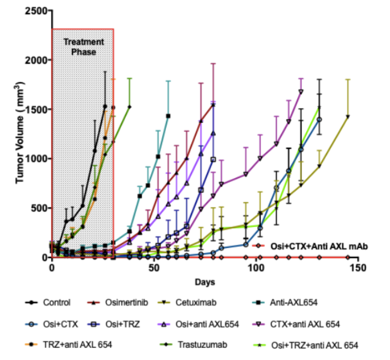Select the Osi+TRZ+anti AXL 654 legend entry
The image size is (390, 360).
tap(316, 345)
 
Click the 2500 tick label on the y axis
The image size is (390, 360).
tap(35, 10)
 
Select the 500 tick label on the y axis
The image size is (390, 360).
tap(38, 208)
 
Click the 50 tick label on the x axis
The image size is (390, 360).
tap(154, 268)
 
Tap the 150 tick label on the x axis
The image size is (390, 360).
tap(358, 268)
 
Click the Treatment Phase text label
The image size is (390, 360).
tap(83, 46)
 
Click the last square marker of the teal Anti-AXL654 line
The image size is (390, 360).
tap(168, 116)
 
